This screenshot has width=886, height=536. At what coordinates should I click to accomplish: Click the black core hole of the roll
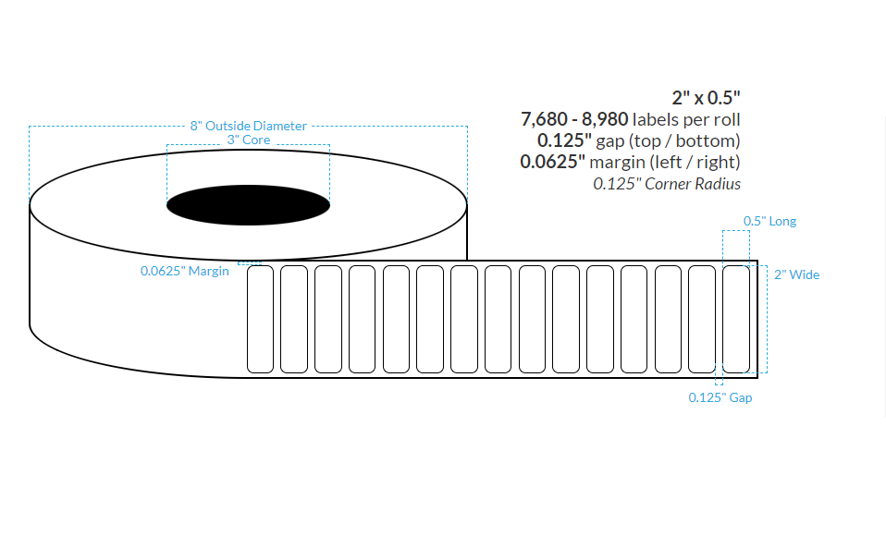click(248, 205)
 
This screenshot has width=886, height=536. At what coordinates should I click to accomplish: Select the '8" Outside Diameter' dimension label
click(248, 126)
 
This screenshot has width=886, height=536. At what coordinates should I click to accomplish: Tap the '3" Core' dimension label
click(248, 140)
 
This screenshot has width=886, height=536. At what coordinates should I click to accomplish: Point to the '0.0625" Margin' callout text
click(184, 272)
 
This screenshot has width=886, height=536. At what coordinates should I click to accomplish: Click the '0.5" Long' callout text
click(769, 221)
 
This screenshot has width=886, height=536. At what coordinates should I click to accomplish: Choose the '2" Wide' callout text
click(796, 274)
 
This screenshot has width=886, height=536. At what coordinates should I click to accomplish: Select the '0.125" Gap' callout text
click(720, 397)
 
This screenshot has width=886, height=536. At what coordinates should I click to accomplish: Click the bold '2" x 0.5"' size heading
click(706, 97)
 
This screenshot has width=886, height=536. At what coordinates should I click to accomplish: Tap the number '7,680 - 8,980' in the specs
click(575, 119)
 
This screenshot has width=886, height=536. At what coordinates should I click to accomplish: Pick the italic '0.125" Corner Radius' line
click(667, 184)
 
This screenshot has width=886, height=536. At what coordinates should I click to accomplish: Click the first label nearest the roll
click(260, 320)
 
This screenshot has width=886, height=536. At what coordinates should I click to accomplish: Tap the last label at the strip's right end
click(735, 320)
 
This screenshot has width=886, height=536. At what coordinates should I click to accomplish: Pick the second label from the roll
click(293, 320)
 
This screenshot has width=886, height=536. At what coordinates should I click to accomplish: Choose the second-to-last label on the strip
click(702, 320)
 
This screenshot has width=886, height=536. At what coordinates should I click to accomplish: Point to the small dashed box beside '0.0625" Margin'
click(250, 263)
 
